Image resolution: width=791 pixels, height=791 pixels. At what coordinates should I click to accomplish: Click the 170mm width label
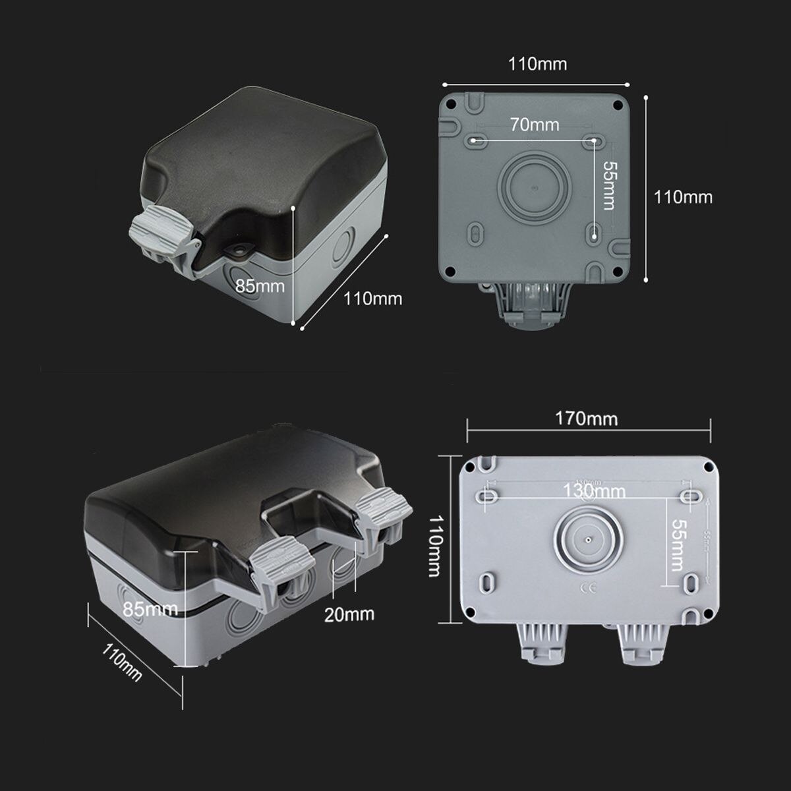(586, 419)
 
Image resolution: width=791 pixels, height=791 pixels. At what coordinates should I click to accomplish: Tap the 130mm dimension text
(594, 490)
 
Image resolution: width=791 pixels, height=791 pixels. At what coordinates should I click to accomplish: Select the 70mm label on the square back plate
(534, 125)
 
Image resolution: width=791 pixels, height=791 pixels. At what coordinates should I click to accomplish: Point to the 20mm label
(349, 614)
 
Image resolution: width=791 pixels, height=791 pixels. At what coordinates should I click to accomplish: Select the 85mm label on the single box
(260, 285)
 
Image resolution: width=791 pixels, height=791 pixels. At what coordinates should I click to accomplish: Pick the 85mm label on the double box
(150, 608)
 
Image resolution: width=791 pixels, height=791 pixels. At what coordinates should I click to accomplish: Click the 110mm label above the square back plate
(537, 64)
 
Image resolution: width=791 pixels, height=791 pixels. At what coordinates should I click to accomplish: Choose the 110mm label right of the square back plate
(683, 196)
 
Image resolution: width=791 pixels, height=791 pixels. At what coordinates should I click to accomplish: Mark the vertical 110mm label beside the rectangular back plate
(433, 546)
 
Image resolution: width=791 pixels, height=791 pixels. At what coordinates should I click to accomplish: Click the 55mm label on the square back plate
(608, 186)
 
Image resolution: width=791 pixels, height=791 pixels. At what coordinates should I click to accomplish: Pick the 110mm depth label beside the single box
(372, 299)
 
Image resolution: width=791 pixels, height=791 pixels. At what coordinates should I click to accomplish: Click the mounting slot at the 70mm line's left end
(477, 140)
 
